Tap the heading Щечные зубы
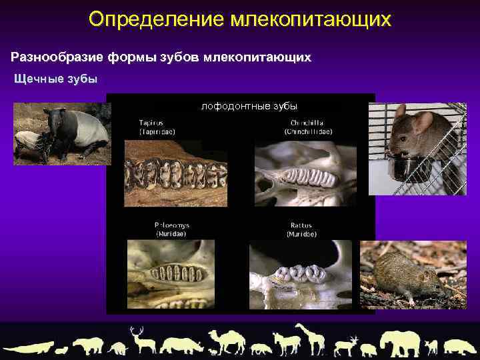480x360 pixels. click(x=56, y=79)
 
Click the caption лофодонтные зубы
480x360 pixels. click(x=249, y=106)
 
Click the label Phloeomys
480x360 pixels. click(x=171, y=225)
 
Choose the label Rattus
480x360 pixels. click(x=301, y=225)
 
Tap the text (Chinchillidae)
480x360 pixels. click(x=305, y=132)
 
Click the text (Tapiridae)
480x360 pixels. click(x=155, y=132)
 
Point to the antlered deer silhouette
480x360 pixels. click(x=141, y=339)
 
